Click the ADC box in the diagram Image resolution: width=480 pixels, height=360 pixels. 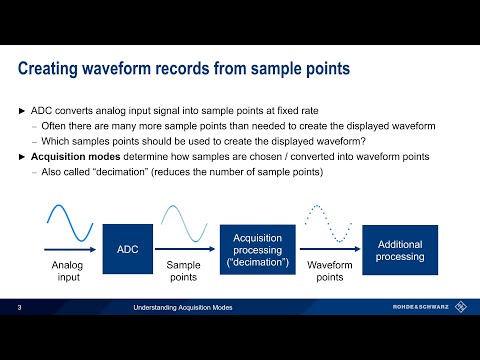pos(127,248)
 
